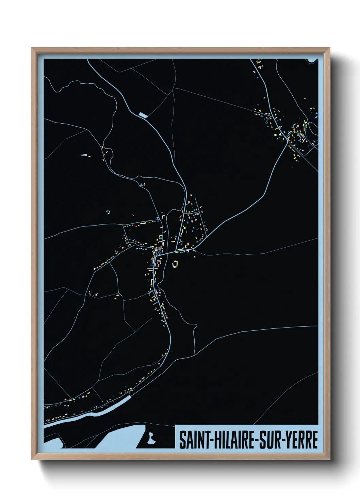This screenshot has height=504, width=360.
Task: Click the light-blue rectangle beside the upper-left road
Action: (x=143, y=115)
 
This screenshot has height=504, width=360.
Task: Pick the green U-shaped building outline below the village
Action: (x=175, y=264)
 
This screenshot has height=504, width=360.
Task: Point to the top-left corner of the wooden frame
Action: (x=32, y=49)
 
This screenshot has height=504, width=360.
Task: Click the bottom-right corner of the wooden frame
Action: (x=329, y=459)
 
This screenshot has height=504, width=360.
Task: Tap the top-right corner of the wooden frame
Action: (x=329, y=49)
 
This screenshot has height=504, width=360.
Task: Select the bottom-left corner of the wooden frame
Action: (x=32, y=459)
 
